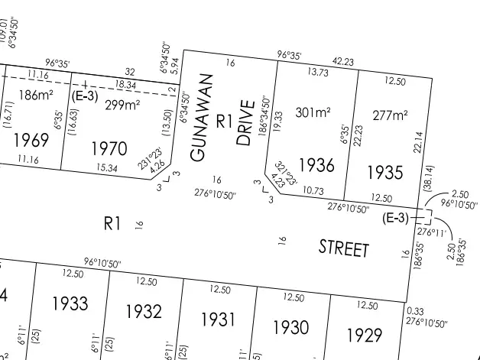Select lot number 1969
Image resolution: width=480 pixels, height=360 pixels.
(x=31, y=140)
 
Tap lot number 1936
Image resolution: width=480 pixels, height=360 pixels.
(x=316, y=164)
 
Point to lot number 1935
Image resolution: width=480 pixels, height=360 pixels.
(x=384, y=170)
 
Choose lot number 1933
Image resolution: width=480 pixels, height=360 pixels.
(x=70, y=303)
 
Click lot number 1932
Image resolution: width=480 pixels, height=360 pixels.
(x=144, y=311)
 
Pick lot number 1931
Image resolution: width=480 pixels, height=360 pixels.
(x=217, y=319)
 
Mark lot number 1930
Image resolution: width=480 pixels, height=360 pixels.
(x=291, y=327)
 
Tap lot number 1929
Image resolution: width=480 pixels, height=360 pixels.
(x=364, y=335)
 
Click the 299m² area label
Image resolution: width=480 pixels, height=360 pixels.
(x=122, y=105)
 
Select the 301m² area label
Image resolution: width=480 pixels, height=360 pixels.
(x=313, y=112)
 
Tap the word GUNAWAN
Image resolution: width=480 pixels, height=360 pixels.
(x=200, y=122)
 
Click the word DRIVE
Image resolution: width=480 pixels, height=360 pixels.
(x=244, y=122)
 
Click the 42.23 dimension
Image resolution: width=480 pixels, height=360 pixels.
(x=342, y=62)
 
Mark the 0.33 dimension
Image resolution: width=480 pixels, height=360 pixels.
(x=416, y=311)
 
